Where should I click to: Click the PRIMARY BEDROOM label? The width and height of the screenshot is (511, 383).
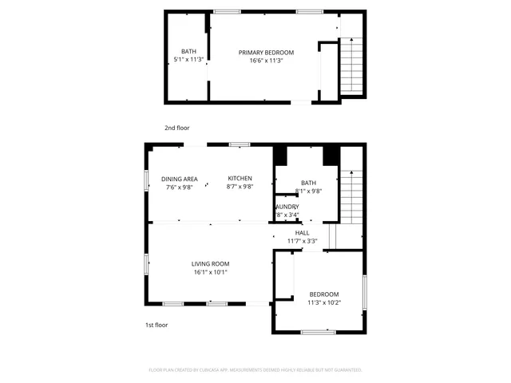point(266,53)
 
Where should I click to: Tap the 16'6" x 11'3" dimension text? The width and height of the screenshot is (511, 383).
point(266,61)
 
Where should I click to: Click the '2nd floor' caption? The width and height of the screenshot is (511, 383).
point(177,128)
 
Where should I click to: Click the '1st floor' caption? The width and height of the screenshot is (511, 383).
point(156,325)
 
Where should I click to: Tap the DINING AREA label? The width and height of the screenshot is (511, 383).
point(180,179)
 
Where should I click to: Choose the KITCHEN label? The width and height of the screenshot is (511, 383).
point(240,178)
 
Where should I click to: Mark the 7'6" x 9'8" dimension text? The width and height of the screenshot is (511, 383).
point(180,187)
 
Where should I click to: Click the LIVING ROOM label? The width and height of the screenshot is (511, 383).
point(210,264)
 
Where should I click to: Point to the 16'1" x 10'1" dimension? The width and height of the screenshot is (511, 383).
point(210,272)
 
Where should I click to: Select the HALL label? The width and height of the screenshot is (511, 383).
point(302,232)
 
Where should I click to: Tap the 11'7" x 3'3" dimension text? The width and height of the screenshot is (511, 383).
point(302,240)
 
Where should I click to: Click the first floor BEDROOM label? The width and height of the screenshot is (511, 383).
point(324,294)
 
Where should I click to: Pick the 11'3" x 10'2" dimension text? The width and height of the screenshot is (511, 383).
point(324,302)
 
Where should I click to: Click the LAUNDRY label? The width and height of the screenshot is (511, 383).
point(287,207)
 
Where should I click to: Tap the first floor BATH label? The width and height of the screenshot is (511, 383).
point(308,184)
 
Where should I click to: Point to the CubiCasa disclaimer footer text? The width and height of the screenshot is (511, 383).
point(255,370)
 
